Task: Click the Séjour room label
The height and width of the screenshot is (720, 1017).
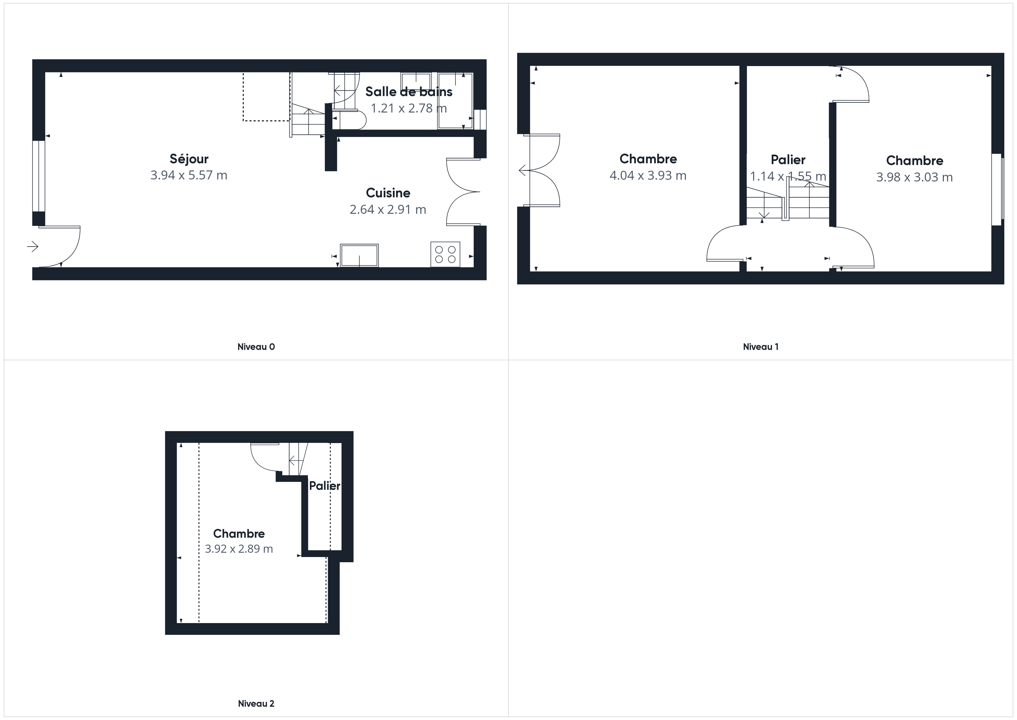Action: point(189,159)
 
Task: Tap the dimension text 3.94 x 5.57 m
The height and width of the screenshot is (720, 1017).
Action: point(189,175)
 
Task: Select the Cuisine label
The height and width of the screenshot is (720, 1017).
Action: point(388,193)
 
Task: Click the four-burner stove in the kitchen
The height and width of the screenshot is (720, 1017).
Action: point(445,254)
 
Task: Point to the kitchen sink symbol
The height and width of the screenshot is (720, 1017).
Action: point(359,255)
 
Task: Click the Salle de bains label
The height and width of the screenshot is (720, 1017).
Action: point(409,92)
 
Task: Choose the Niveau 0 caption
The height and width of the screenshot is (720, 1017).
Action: point(256,347)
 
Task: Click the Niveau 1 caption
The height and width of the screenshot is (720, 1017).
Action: point(760,347)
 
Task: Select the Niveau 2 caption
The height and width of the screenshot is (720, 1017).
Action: point(256,703)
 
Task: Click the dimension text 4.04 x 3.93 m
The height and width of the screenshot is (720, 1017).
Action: point(648,176)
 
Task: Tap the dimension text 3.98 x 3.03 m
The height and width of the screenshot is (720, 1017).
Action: point(914,177)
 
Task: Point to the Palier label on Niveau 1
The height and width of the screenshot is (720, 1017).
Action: point(788,160)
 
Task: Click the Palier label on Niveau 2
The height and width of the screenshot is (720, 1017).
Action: point(325,486)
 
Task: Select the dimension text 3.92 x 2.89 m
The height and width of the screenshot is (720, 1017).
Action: point(239,549)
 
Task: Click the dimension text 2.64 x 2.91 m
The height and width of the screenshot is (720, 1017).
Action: point(388,209)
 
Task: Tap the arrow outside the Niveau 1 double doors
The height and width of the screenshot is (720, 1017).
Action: point(523,170)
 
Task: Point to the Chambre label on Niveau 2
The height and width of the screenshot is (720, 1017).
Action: point(239,533)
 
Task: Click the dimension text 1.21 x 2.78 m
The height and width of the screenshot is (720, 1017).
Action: point(409,108)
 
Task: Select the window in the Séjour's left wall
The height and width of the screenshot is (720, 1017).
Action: point(39,176)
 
